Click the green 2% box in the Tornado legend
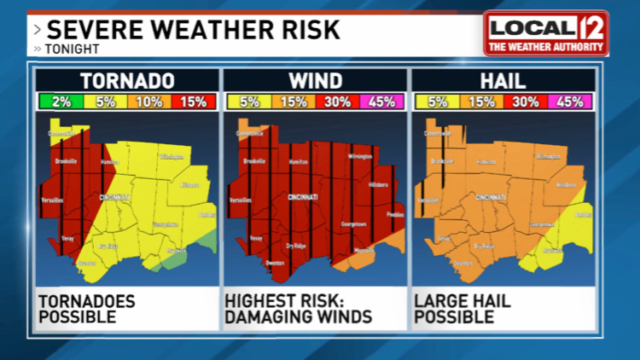(x=61, y=102)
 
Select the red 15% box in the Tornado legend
(x=193, y=102)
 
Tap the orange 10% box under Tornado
(x=148, y=102)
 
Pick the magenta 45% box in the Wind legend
(x=381, y=102)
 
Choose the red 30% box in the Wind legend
(x=337, y=102)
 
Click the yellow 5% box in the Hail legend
(x=436, y=102)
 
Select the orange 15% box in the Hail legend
(x=480, y=102)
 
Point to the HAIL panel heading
(x=503, y=81)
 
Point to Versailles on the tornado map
(x=51, y=200)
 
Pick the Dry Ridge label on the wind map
(x=295, y=246)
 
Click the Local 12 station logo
(x=546, y=32)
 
